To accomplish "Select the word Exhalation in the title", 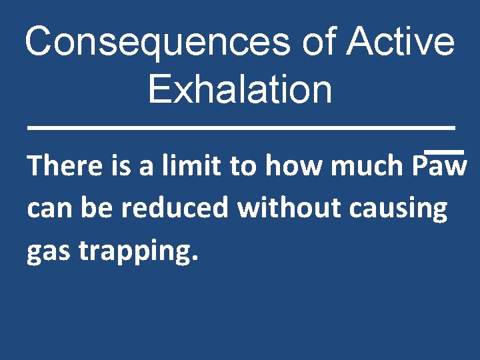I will (x=240, y=89).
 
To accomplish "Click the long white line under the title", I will (x=240, y=127).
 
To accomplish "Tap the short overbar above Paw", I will (x=444, y=153).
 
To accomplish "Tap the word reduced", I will (x=177, y=208).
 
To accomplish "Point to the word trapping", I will (x=134, y=253).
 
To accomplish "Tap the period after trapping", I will (x=194, y=259).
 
